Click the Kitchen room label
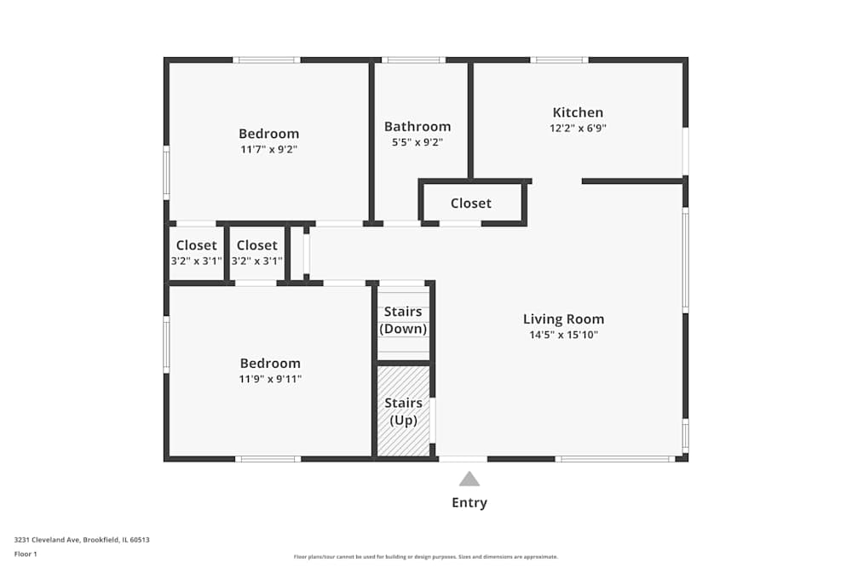[578, 112]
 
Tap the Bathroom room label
[417, 127]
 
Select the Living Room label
[563, 319]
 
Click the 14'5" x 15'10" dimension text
[563, 336]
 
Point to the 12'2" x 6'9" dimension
[578, 129]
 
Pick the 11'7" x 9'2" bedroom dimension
[268, 149]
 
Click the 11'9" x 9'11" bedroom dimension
[270, 379]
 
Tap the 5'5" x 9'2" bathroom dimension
[417, 143]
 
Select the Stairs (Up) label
[403, 411]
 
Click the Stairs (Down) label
[403, 320]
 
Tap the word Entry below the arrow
[469, 502]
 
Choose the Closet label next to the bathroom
[471, 204]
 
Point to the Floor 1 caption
[26, 554]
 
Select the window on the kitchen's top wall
[559, 60]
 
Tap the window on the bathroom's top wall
[413, 60]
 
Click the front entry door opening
[463, 459]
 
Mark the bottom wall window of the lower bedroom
[268, 459]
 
